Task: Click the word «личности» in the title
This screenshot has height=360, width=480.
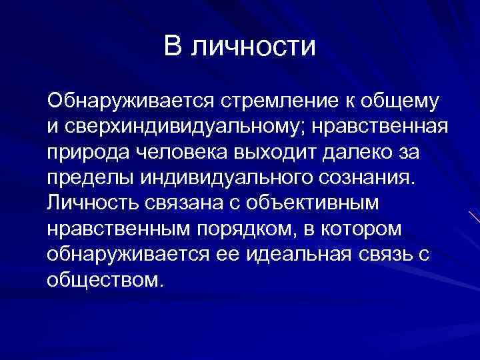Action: click(x=254, y=47)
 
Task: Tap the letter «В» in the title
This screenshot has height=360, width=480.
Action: click(x=173, y=47)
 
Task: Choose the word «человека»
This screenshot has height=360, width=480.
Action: click(x=179, y=153)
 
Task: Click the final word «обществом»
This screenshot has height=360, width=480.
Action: click(x=104, y=279)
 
